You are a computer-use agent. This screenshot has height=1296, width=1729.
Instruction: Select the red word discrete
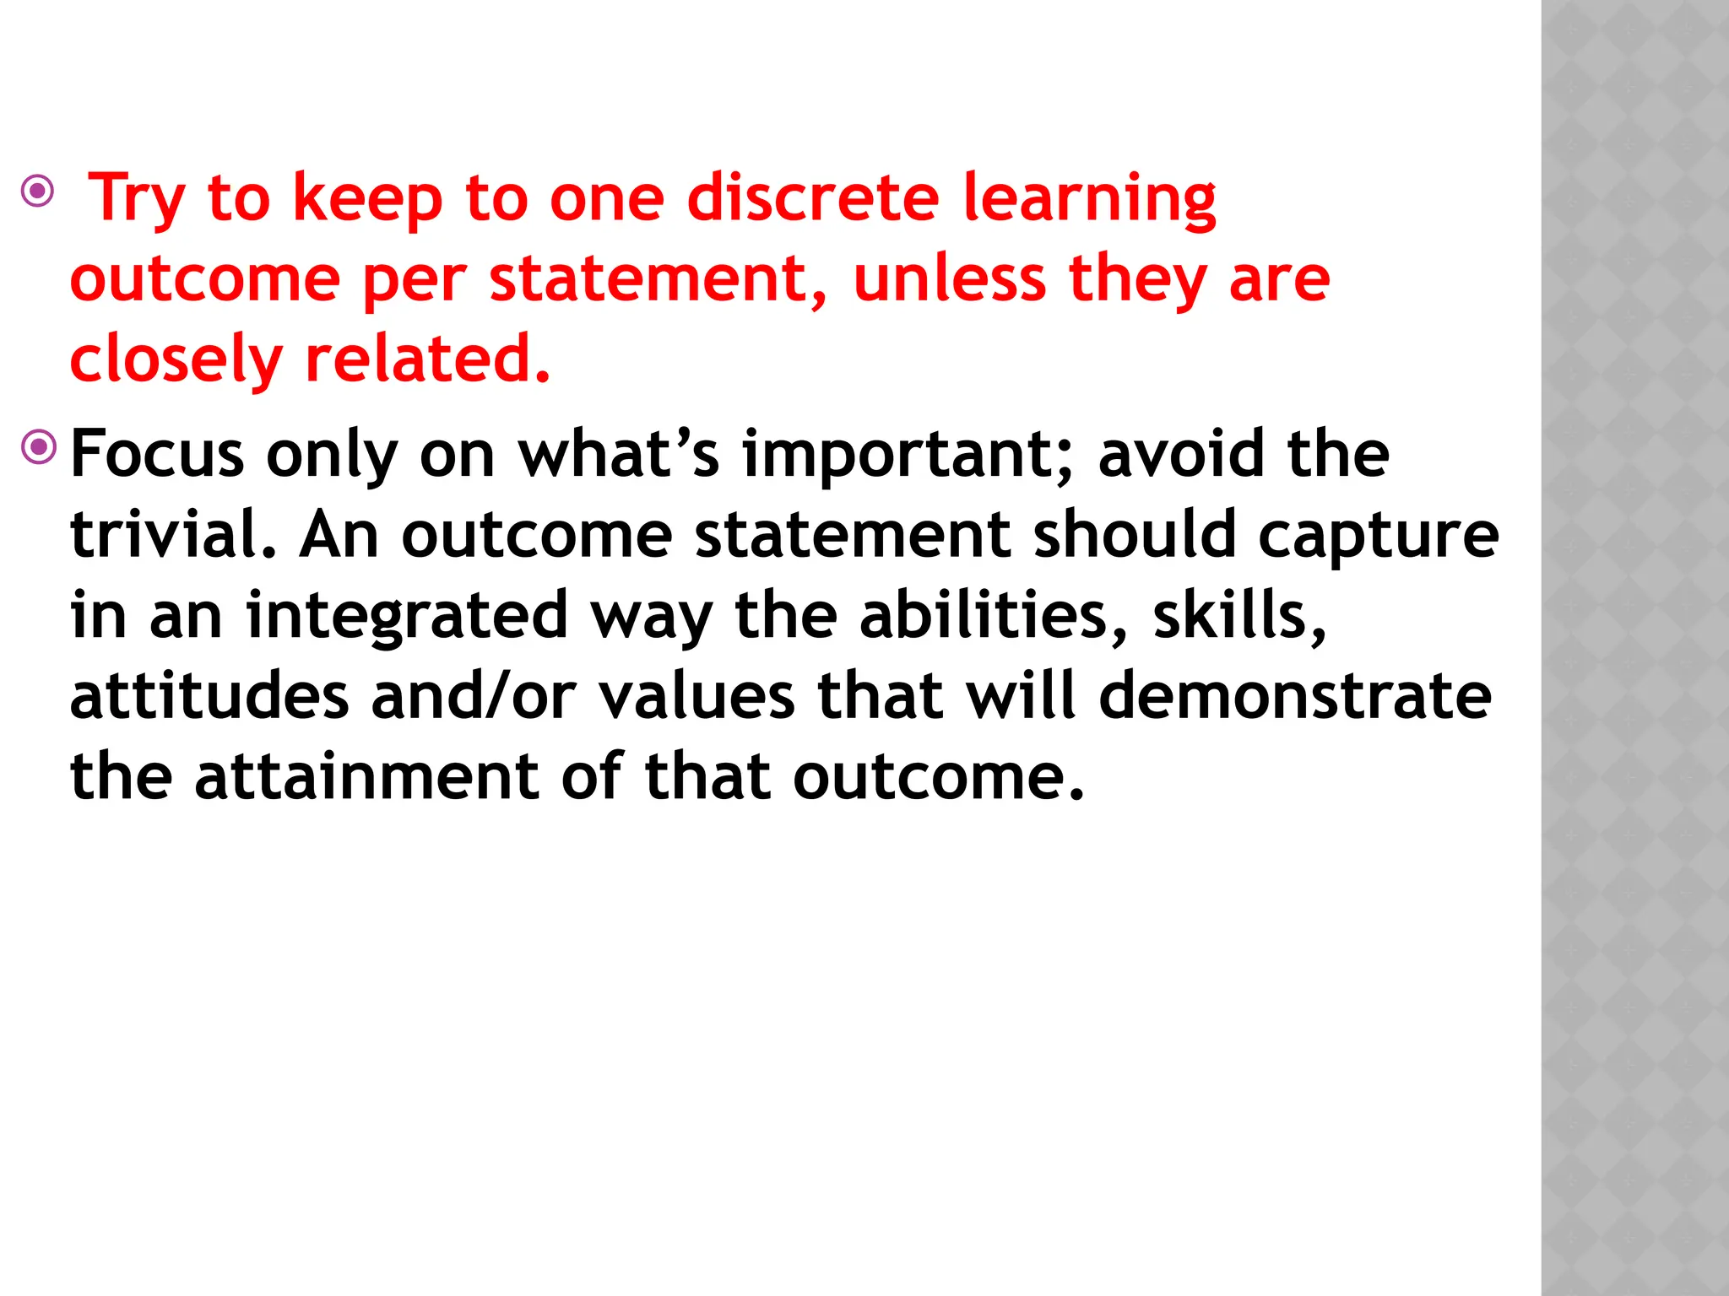(x=812, y=198)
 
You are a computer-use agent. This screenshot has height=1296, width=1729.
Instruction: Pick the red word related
(x=427, y=359)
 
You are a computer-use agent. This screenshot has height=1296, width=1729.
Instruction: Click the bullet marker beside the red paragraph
(x=38, y=192)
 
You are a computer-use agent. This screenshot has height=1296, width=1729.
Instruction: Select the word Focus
(x=157, y=454)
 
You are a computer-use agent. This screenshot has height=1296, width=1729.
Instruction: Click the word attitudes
(x=209, y=697)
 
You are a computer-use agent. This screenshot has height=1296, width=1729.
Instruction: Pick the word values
(x=696, y=697)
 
